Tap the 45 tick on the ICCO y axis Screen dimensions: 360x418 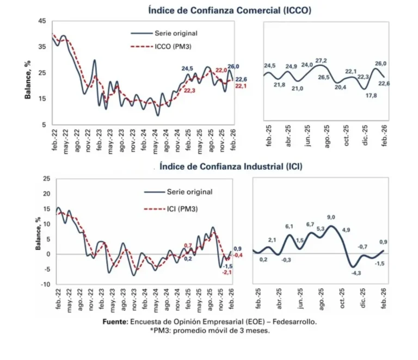[x=42, y=21]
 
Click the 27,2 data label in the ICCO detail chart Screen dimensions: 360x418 [x=321, y=60]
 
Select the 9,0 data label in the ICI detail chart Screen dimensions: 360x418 [x=331, y=218]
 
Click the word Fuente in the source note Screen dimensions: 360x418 [x=115, y=322]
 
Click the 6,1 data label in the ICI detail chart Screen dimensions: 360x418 [x=289, y=226]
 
